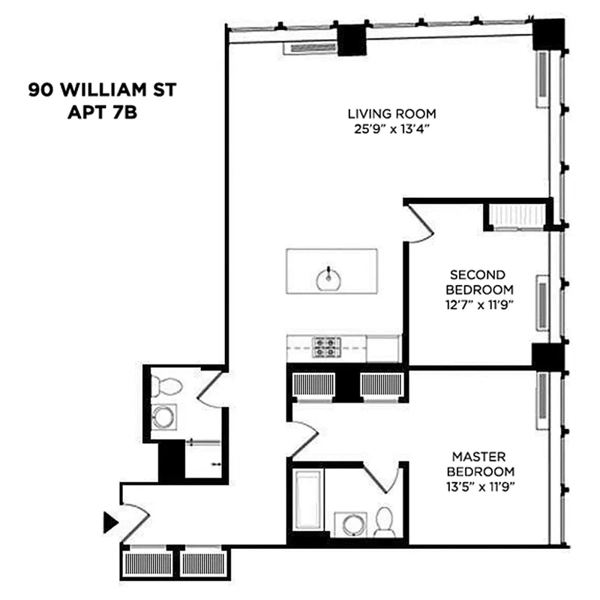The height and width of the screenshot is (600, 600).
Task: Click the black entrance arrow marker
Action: (110, 522)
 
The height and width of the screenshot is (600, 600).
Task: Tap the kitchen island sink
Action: (328, 277)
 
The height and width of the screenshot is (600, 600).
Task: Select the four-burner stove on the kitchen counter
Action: (326, 347)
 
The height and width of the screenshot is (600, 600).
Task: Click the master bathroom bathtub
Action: (307, 499)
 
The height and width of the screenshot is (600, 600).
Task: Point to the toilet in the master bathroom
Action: (384, 522)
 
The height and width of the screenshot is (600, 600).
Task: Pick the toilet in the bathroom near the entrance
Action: (166, 385)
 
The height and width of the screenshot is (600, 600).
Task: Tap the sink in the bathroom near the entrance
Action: (163, 417)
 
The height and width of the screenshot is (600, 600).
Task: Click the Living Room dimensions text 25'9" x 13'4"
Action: (391, 129)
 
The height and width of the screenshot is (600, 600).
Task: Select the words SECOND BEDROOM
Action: (479, 282)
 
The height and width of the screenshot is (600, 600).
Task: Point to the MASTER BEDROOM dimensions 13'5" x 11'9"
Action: (480, 487)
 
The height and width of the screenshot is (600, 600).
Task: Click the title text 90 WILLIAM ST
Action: (102, 90)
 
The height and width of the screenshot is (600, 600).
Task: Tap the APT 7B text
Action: (102, 112)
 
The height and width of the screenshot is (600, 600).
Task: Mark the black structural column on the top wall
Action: (352, 40)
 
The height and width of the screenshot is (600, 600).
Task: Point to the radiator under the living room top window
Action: (310, 48)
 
